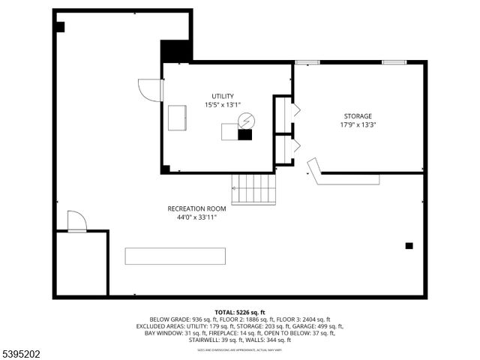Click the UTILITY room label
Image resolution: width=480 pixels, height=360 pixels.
point(223,96)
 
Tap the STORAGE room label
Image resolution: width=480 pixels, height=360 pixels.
point(358,116)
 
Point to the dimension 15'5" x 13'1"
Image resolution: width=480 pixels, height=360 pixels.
point(223,105)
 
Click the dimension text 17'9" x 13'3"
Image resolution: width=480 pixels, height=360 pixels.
point(358,125)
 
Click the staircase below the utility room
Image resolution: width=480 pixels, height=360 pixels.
point(253,189)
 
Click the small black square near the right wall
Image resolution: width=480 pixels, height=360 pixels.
point(409,245)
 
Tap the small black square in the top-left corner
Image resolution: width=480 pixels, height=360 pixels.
point(60,27)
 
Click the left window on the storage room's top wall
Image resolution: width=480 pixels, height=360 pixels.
point(307,62)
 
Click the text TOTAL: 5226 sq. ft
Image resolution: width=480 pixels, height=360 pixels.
point(239,312)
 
